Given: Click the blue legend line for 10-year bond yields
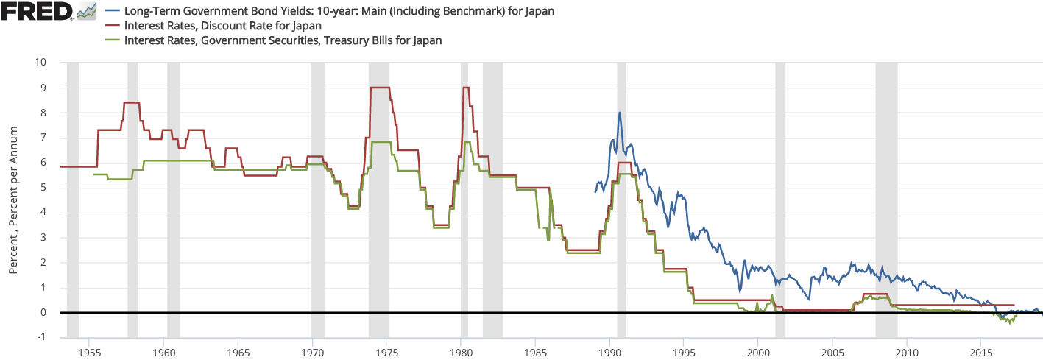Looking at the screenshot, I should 113,12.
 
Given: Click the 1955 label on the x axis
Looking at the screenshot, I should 89,352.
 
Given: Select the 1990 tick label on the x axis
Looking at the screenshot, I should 609,352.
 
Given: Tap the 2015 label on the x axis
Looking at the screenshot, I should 980,352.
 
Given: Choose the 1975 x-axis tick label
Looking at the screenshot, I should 386,352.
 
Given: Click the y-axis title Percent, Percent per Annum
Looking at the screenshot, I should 13,200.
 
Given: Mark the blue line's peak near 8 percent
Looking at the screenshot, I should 620,113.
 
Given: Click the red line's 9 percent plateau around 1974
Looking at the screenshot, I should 379,88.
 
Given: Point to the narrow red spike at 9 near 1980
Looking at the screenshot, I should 465,88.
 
